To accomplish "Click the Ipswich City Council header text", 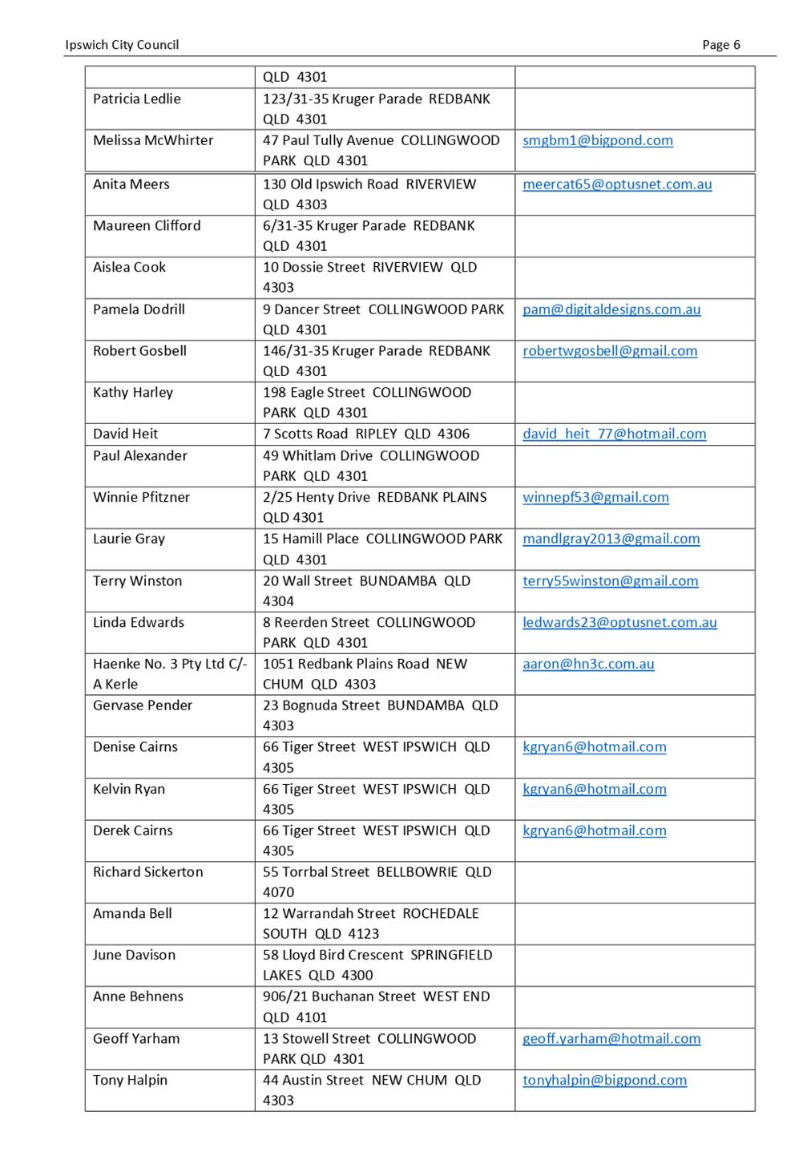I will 122,45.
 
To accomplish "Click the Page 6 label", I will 720,45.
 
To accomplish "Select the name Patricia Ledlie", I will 137,99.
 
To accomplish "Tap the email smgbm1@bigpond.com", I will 597,140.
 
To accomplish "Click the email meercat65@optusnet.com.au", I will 617,184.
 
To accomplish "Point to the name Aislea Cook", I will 129,267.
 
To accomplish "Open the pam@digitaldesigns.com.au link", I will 611,309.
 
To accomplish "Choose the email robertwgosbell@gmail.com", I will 610,350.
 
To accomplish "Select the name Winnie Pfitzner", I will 141,497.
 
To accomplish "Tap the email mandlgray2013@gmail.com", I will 611,539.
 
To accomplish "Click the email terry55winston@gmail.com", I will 610,580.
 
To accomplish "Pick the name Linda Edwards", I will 139,622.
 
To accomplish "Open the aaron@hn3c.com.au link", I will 588,664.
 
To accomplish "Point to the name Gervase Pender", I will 143,705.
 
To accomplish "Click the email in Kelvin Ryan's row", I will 594,789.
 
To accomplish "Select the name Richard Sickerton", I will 148,871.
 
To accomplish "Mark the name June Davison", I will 134,955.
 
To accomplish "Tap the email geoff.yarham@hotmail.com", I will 611,1038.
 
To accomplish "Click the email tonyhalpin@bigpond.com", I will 604,1080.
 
